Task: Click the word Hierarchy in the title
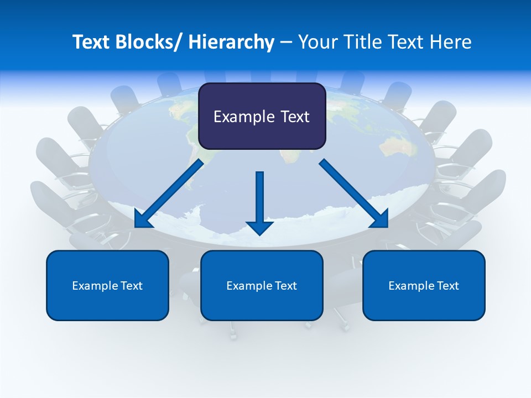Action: [231, 42]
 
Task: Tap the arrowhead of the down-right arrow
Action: [379, 219]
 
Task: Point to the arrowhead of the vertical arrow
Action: [259, 227]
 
